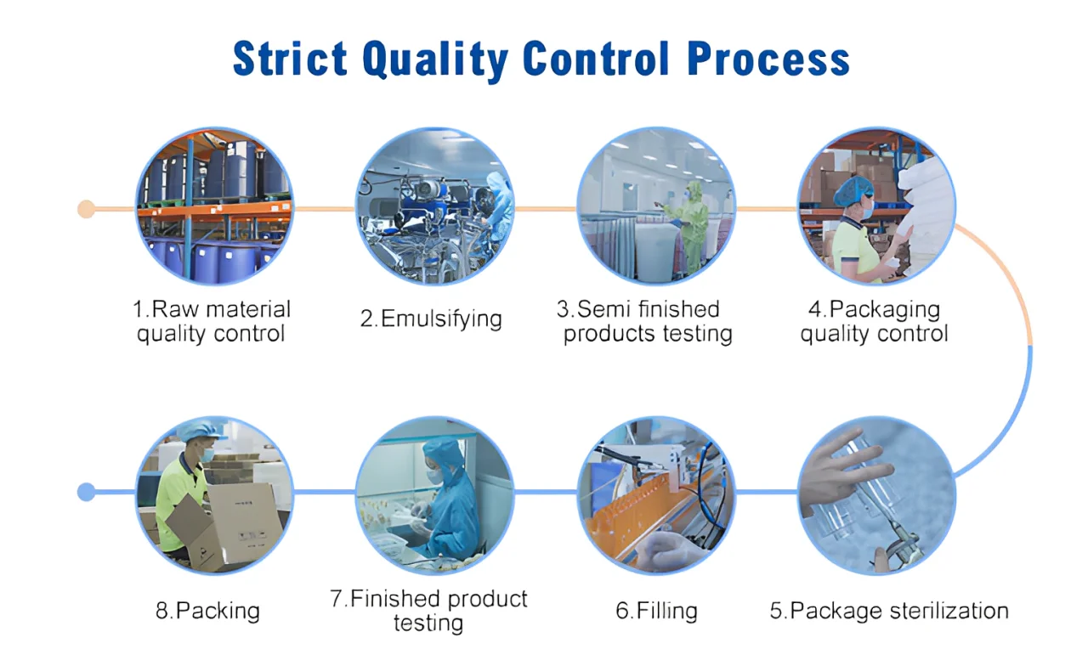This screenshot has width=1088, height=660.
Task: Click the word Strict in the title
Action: click(289, 59)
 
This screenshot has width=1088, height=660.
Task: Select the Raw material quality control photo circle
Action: click(214, 206)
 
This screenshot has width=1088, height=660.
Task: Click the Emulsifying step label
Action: click(431, 319)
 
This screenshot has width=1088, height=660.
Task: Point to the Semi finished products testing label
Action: click(647, 321)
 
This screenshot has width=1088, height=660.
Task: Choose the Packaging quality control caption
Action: click(874, 321)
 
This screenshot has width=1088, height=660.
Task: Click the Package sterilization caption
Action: click(889, 610)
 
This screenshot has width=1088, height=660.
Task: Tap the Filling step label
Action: click(656, 610)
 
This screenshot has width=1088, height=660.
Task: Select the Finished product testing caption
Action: click(428, 610)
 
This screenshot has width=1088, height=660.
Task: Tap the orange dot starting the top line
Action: click(86, 208)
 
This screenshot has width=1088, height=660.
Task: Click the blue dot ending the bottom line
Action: click(86, 491)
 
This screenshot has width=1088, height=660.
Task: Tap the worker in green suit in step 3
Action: click(693, 225)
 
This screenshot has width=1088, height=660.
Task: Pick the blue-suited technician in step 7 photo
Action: click(446, 497)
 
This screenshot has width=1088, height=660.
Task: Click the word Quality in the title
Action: click(433, 59)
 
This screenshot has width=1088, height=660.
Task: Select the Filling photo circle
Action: click(656, 494)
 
